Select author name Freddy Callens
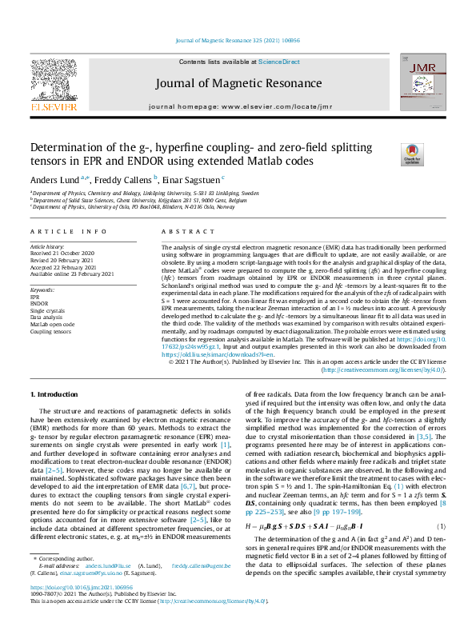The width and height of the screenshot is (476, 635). tap(120, 179)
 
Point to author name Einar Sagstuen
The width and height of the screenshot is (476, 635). tap(192, 179)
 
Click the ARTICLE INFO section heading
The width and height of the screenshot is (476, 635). tap(67, 231)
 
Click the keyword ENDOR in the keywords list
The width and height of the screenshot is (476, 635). tap(39, 303)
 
